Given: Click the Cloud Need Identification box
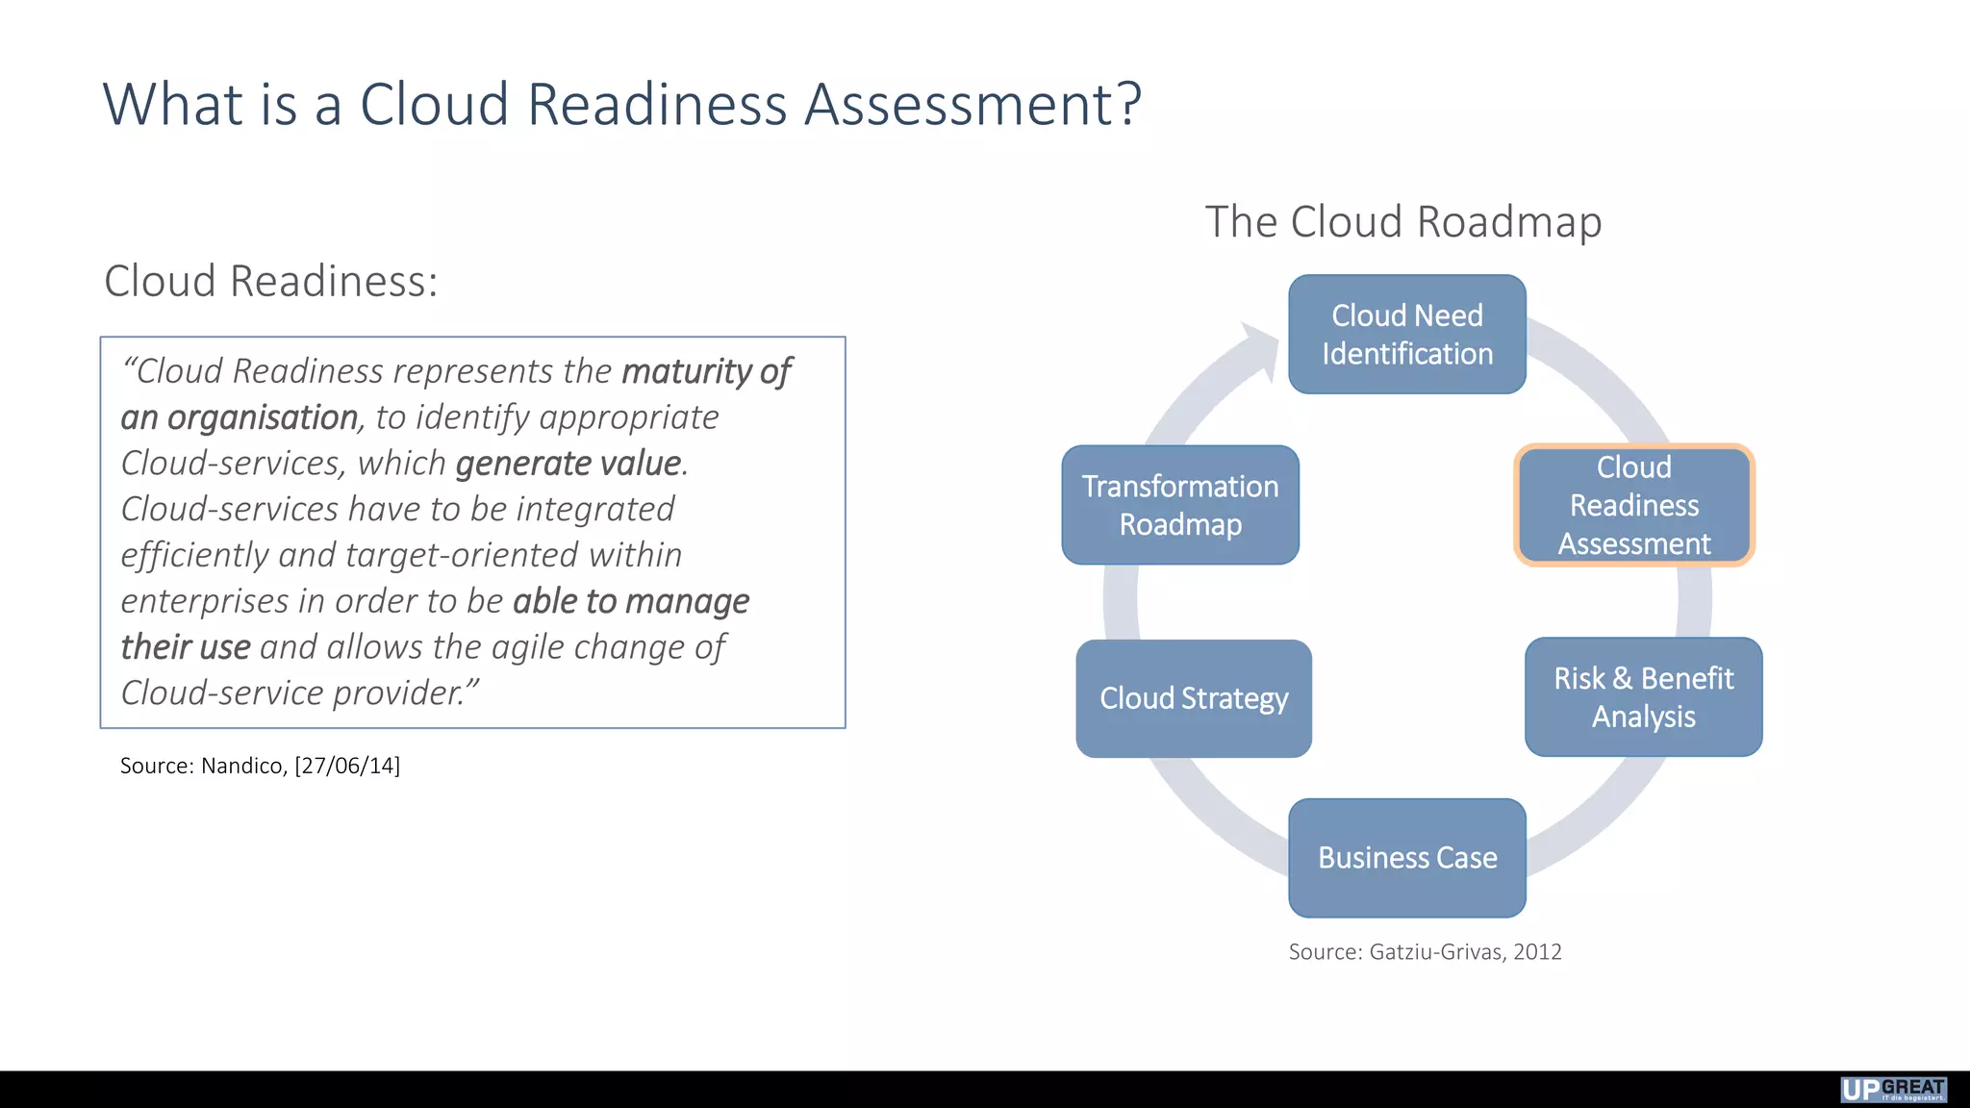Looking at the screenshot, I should click(x=1406, y=335).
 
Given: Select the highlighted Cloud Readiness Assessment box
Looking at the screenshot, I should click(x=1634, y=505).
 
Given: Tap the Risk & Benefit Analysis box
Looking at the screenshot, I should click(x=1643, y=697).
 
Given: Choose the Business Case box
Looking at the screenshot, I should click(x=1406, y=857).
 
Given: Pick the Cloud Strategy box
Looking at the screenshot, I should click(x=1194, y=698).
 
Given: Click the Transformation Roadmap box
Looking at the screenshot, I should click(x=1180, y=505).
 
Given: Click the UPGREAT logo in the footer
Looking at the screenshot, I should click(x=1893, y=1089).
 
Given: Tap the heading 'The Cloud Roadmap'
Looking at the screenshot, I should click(x=1403, y=222).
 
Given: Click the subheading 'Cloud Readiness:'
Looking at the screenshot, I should click(x=270, y=282).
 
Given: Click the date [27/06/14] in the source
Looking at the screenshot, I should click(x=347, y=766).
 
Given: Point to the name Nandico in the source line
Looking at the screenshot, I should click(x=242, y=766).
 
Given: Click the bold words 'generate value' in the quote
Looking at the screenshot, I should click(x=568, y=464).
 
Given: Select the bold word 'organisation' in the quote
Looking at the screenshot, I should click(x=262, y=417).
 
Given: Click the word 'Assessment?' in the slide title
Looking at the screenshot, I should click(x=972, y=104).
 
